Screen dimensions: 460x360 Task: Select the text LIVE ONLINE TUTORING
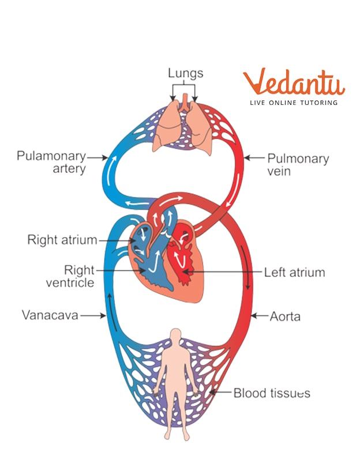point(293,103)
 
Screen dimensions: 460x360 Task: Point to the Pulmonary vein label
point(298,164)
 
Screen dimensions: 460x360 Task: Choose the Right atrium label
point(62,240)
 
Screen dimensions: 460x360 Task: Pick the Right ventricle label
point(71,276)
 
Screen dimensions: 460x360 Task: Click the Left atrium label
point(294,272)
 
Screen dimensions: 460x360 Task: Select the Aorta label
point(285,316)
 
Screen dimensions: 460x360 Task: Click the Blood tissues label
point(272,393)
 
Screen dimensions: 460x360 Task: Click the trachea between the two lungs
point(183,103)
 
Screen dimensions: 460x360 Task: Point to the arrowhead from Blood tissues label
point(212,393)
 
